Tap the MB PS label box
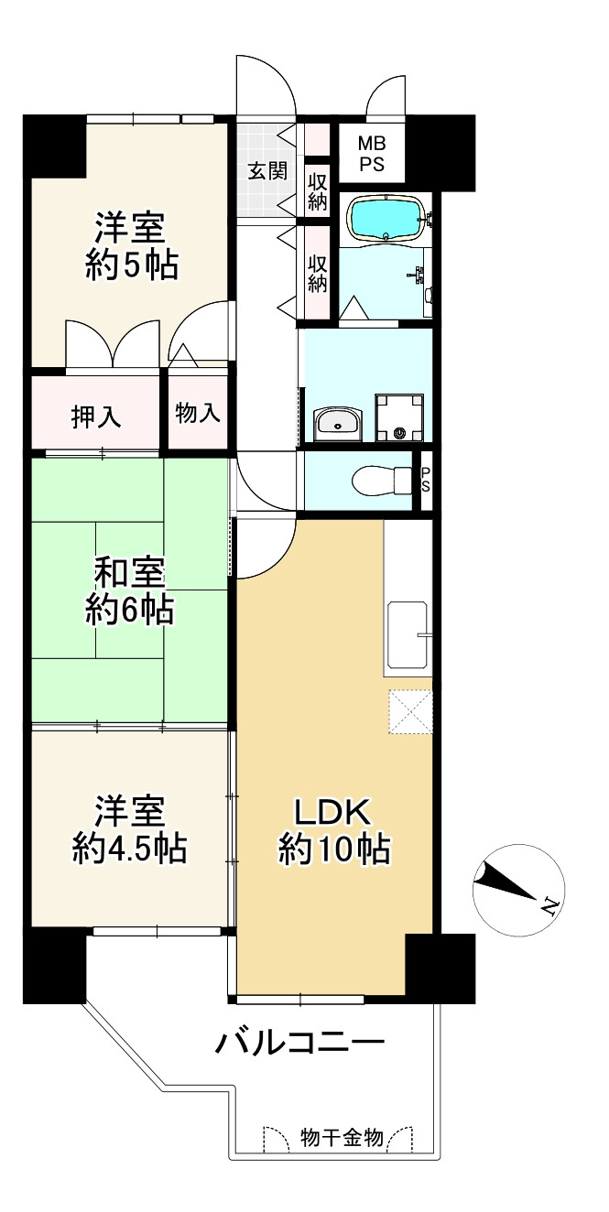pos(371,153)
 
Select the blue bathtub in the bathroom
pos(386,220)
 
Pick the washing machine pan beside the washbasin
pos(399,418)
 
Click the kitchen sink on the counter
pos(408,634)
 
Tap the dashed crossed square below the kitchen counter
pos(409,711)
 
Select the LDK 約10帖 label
pos(334,830)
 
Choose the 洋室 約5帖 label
pos(131,245)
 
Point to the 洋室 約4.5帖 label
pos(130,830)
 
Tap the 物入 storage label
pos(198,413)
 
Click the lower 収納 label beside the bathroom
pos(318,272)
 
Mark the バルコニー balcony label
pos(299,1043)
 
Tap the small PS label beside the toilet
pos(425,479)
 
